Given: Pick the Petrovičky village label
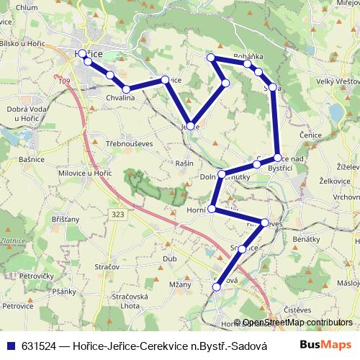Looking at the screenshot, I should coord(38,275).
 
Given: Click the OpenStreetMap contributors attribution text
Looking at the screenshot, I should coord(298,323).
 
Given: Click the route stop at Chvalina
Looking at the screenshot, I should coord(126,89).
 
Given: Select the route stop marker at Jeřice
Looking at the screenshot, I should coord(189,125).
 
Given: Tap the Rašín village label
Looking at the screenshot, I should coord(184,163).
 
